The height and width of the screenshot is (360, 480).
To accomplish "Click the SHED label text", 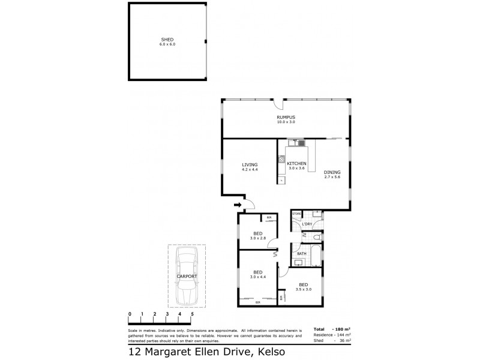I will coord(167,40).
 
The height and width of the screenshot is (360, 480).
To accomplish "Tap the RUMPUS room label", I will coord(286,118).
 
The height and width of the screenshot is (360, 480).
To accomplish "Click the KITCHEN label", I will coord(296,164).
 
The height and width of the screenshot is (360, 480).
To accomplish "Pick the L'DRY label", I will coord(307,224).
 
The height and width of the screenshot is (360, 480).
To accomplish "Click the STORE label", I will coord(296,214).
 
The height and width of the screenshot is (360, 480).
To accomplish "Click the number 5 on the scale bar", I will coord(192,314).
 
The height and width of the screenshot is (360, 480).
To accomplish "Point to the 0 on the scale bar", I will coord(130,314).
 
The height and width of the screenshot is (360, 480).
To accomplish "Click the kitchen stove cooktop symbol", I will coord(280,159).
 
